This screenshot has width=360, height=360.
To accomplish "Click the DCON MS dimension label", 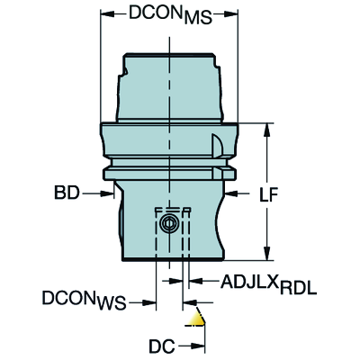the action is point(170,13).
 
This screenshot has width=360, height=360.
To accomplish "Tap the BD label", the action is point(67,193).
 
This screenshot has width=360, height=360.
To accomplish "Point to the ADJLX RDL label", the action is point(268,283).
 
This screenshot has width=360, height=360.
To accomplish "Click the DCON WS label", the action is point(84,300).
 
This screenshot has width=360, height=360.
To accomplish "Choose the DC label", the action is point(162,346).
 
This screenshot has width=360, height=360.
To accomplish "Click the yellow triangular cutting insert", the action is point(196,319).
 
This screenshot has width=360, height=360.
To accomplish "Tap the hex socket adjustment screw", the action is point(168,223).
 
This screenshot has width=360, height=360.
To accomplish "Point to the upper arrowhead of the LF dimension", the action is point(266,130).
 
